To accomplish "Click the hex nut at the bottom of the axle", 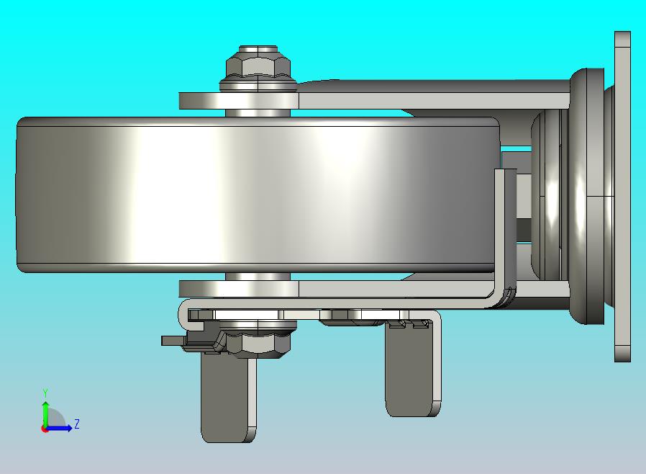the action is click(x=258, y=343).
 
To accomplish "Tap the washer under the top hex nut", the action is click(x=258, y=86).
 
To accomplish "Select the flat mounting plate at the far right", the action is click(x=622, y=197).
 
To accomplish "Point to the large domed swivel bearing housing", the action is click(x=587, y=197).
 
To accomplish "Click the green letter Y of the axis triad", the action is click(x=45, y=393).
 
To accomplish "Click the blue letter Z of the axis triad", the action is click(x=77, y=424).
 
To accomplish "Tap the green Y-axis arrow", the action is click(x=45, y=414).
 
